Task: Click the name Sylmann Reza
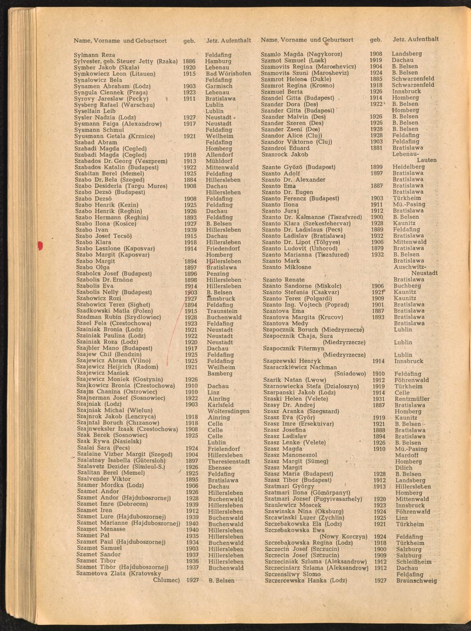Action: click(x=94, y=55)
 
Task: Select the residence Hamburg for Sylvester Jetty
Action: click(x=218, y=61)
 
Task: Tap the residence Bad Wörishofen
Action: click(x=228, y=74)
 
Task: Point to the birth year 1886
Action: click(x=189, y=61)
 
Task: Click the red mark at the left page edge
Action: click(x=40, y=245)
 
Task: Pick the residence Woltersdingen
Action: click(x=228, y=411)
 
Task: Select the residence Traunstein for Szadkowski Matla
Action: click(x=222, y=311)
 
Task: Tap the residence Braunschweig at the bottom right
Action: click(x=416, y=581)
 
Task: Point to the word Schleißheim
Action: click(x=414, y=562)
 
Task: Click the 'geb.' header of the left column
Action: click(x=189, y=41)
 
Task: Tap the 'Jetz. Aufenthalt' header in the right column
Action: click(x=415, y=39)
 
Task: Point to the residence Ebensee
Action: click(x=219, y=468)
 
